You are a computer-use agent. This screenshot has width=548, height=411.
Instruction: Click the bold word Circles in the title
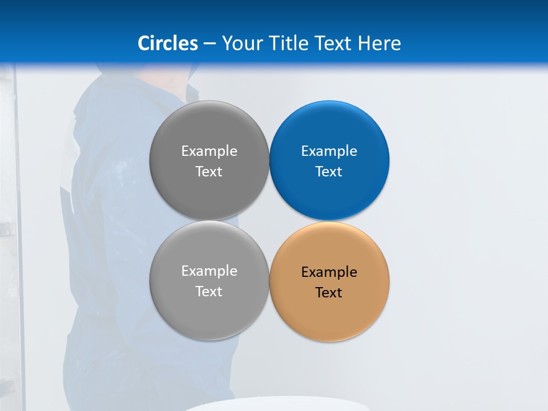click(x=167, y=43)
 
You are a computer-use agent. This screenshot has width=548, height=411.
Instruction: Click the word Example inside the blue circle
click(x=329, y=151)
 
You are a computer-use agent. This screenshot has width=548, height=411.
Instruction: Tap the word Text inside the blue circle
click(x=329, y=172)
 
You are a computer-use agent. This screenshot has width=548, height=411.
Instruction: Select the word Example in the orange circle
click(x=329, y=272)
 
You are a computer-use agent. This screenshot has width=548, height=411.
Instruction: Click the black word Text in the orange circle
click(x=329, y=293)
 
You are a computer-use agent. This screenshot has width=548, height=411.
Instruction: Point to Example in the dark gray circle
click(x=209, y=151)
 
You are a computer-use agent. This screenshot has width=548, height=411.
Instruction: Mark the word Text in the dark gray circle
click(x=209, y=172)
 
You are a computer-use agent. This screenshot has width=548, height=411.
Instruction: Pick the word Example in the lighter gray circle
click(x=209, y=271)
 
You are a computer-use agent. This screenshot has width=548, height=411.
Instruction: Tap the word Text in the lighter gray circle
click(x=209, y=292)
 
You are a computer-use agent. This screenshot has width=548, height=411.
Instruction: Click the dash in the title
click(x=209, y=44)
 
